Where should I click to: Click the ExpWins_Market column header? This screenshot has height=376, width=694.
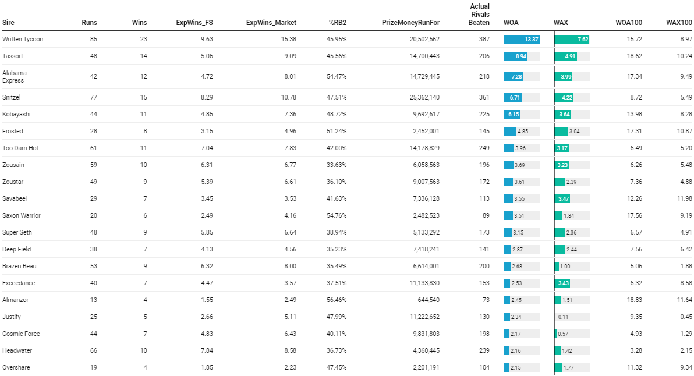click(x=271, y=23)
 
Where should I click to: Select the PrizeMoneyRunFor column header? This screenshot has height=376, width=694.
click(x=410, y=23)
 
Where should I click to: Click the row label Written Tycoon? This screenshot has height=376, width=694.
click(x=23, y=39)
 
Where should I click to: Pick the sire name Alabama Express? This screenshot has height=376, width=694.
click(x=15, y=76)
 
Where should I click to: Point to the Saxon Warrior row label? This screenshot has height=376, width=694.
click(x=22, y=215)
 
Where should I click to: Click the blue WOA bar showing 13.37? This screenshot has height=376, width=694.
click(x=522, y=39)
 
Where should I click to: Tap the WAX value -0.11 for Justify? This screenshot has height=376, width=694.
click(x=562, y=317)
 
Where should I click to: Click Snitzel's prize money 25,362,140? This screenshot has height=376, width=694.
click(x=424, y=97)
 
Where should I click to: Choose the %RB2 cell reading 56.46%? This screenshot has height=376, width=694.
click(x=335, y=300)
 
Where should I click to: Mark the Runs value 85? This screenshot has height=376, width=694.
click(x=93, y=39)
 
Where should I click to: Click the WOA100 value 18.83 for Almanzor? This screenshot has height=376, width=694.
click(x=632, y=300)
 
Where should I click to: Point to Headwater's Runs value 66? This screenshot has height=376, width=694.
click(x=93, y=350)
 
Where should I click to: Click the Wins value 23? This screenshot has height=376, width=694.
click(x=143, y=39)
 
